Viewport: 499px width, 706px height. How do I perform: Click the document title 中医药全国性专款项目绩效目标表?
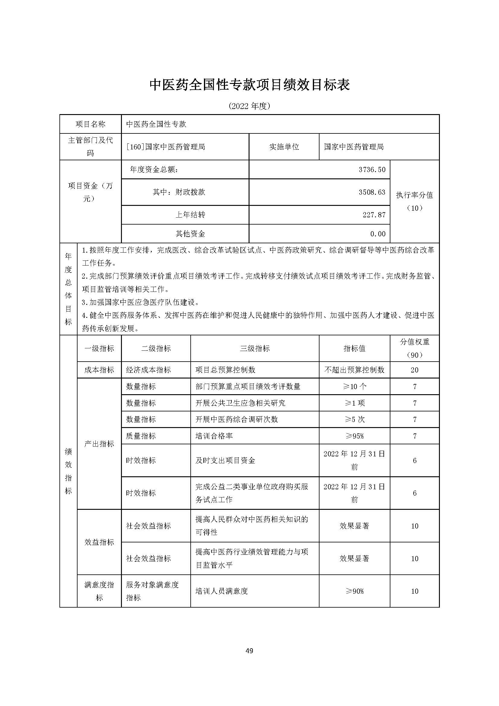coord(249,85)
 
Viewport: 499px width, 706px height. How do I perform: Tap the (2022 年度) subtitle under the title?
coord(249,106)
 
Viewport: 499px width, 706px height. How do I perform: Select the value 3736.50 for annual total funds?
coord(372,169)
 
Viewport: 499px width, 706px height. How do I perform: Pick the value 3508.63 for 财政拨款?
coord(372,192)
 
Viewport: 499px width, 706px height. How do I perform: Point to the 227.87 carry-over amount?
coord(373,215)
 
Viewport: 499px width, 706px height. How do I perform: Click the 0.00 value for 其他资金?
coord(378,234)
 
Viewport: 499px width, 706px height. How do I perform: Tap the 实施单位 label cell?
coord(284,147)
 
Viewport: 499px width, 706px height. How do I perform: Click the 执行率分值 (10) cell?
coord(415,201)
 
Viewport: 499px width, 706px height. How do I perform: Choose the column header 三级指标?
coord(255,348)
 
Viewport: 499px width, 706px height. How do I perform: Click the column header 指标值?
coord(354,348)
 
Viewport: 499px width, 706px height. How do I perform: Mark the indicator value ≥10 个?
coord(354,386)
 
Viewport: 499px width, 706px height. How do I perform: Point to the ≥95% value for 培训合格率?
coord(354,436)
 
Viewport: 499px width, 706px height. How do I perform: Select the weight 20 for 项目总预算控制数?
coord(415,370)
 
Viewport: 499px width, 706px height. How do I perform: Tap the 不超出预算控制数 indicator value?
coord(354,370)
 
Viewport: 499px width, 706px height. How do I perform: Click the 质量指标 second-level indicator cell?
coord(141,436)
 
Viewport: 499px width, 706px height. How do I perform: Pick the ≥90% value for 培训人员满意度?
coord(354,591)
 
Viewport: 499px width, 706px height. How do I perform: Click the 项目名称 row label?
coord(90,124)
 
